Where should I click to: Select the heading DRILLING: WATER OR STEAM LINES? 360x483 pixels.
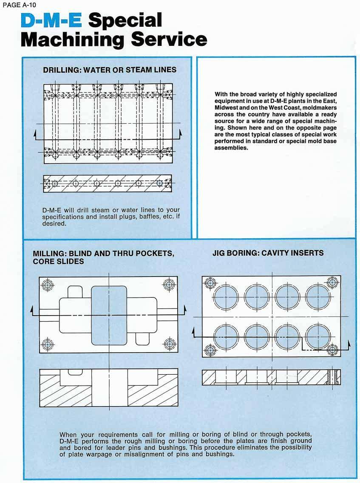[x=110, y=70]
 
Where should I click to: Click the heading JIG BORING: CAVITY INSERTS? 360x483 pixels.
[x=268, y=253]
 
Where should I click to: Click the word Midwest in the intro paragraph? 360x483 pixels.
[x=230, y=107]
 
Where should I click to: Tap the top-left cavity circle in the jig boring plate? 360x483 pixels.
[x=227, y=296]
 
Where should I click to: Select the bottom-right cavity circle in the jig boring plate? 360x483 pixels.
[x=318, y=336]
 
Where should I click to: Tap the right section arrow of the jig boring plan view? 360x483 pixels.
[x=349, y=344]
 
